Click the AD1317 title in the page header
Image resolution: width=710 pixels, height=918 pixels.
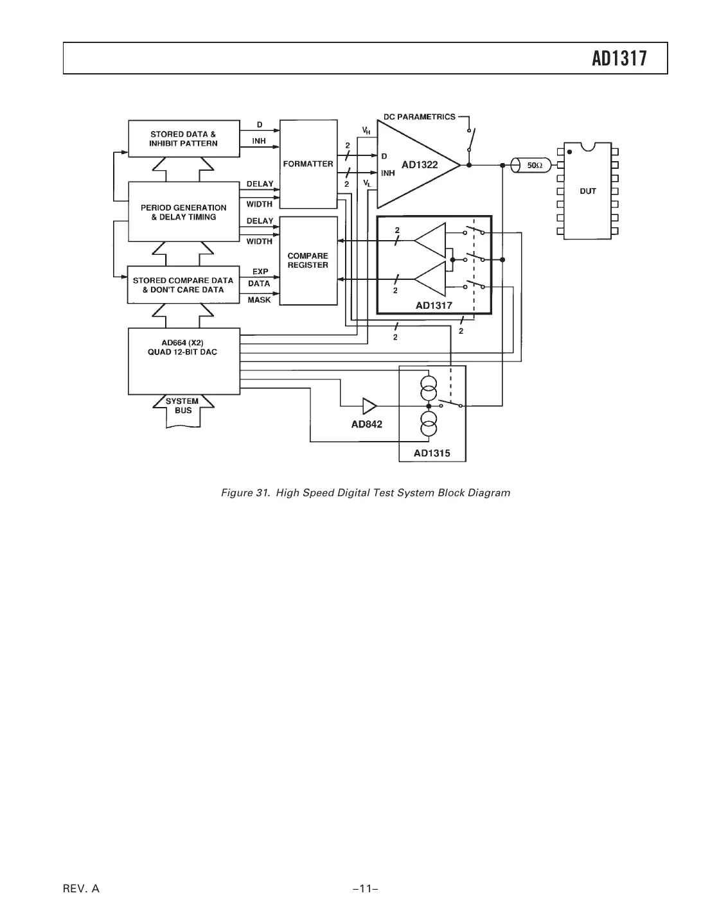[619, 59]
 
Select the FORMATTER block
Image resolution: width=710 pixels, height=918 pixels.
[308, 164]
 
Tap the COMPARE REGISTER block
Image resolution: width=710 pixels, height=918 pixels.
[308, 260]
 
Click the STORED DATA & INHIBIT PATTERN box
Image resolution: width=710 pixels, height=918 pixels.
[183, 139]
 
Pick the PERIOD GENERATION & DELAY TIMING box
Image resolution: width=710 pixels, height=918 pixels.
[183, 212]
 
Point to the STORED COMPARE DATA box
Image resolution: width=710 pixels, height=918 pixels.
[183, 285]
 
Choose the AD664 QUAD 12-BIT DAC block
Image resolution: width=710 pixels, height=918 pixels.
[183, 361]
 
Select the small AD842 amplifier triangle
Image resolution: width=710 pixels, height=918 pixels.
[369, 406]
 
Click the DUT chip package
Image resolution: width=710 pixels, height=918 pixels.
[588, 191]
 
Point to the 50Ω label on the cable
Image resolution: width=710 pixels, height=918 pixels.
[535, 166]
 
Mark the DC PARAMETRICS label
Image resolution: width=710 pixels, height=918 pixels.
[419, 117]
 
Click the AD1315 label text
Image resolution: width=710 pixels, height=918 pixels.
[432, 453]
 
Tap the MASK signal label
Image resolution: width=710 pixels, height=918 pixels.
[259, 300]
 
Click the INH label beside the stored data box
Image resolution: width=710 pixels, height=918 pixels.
[259, 141]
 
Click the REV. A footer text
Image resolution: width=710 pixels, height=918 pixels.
[81, 888]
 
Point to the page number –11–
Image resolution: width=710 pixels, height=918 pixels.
[364, 888]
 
